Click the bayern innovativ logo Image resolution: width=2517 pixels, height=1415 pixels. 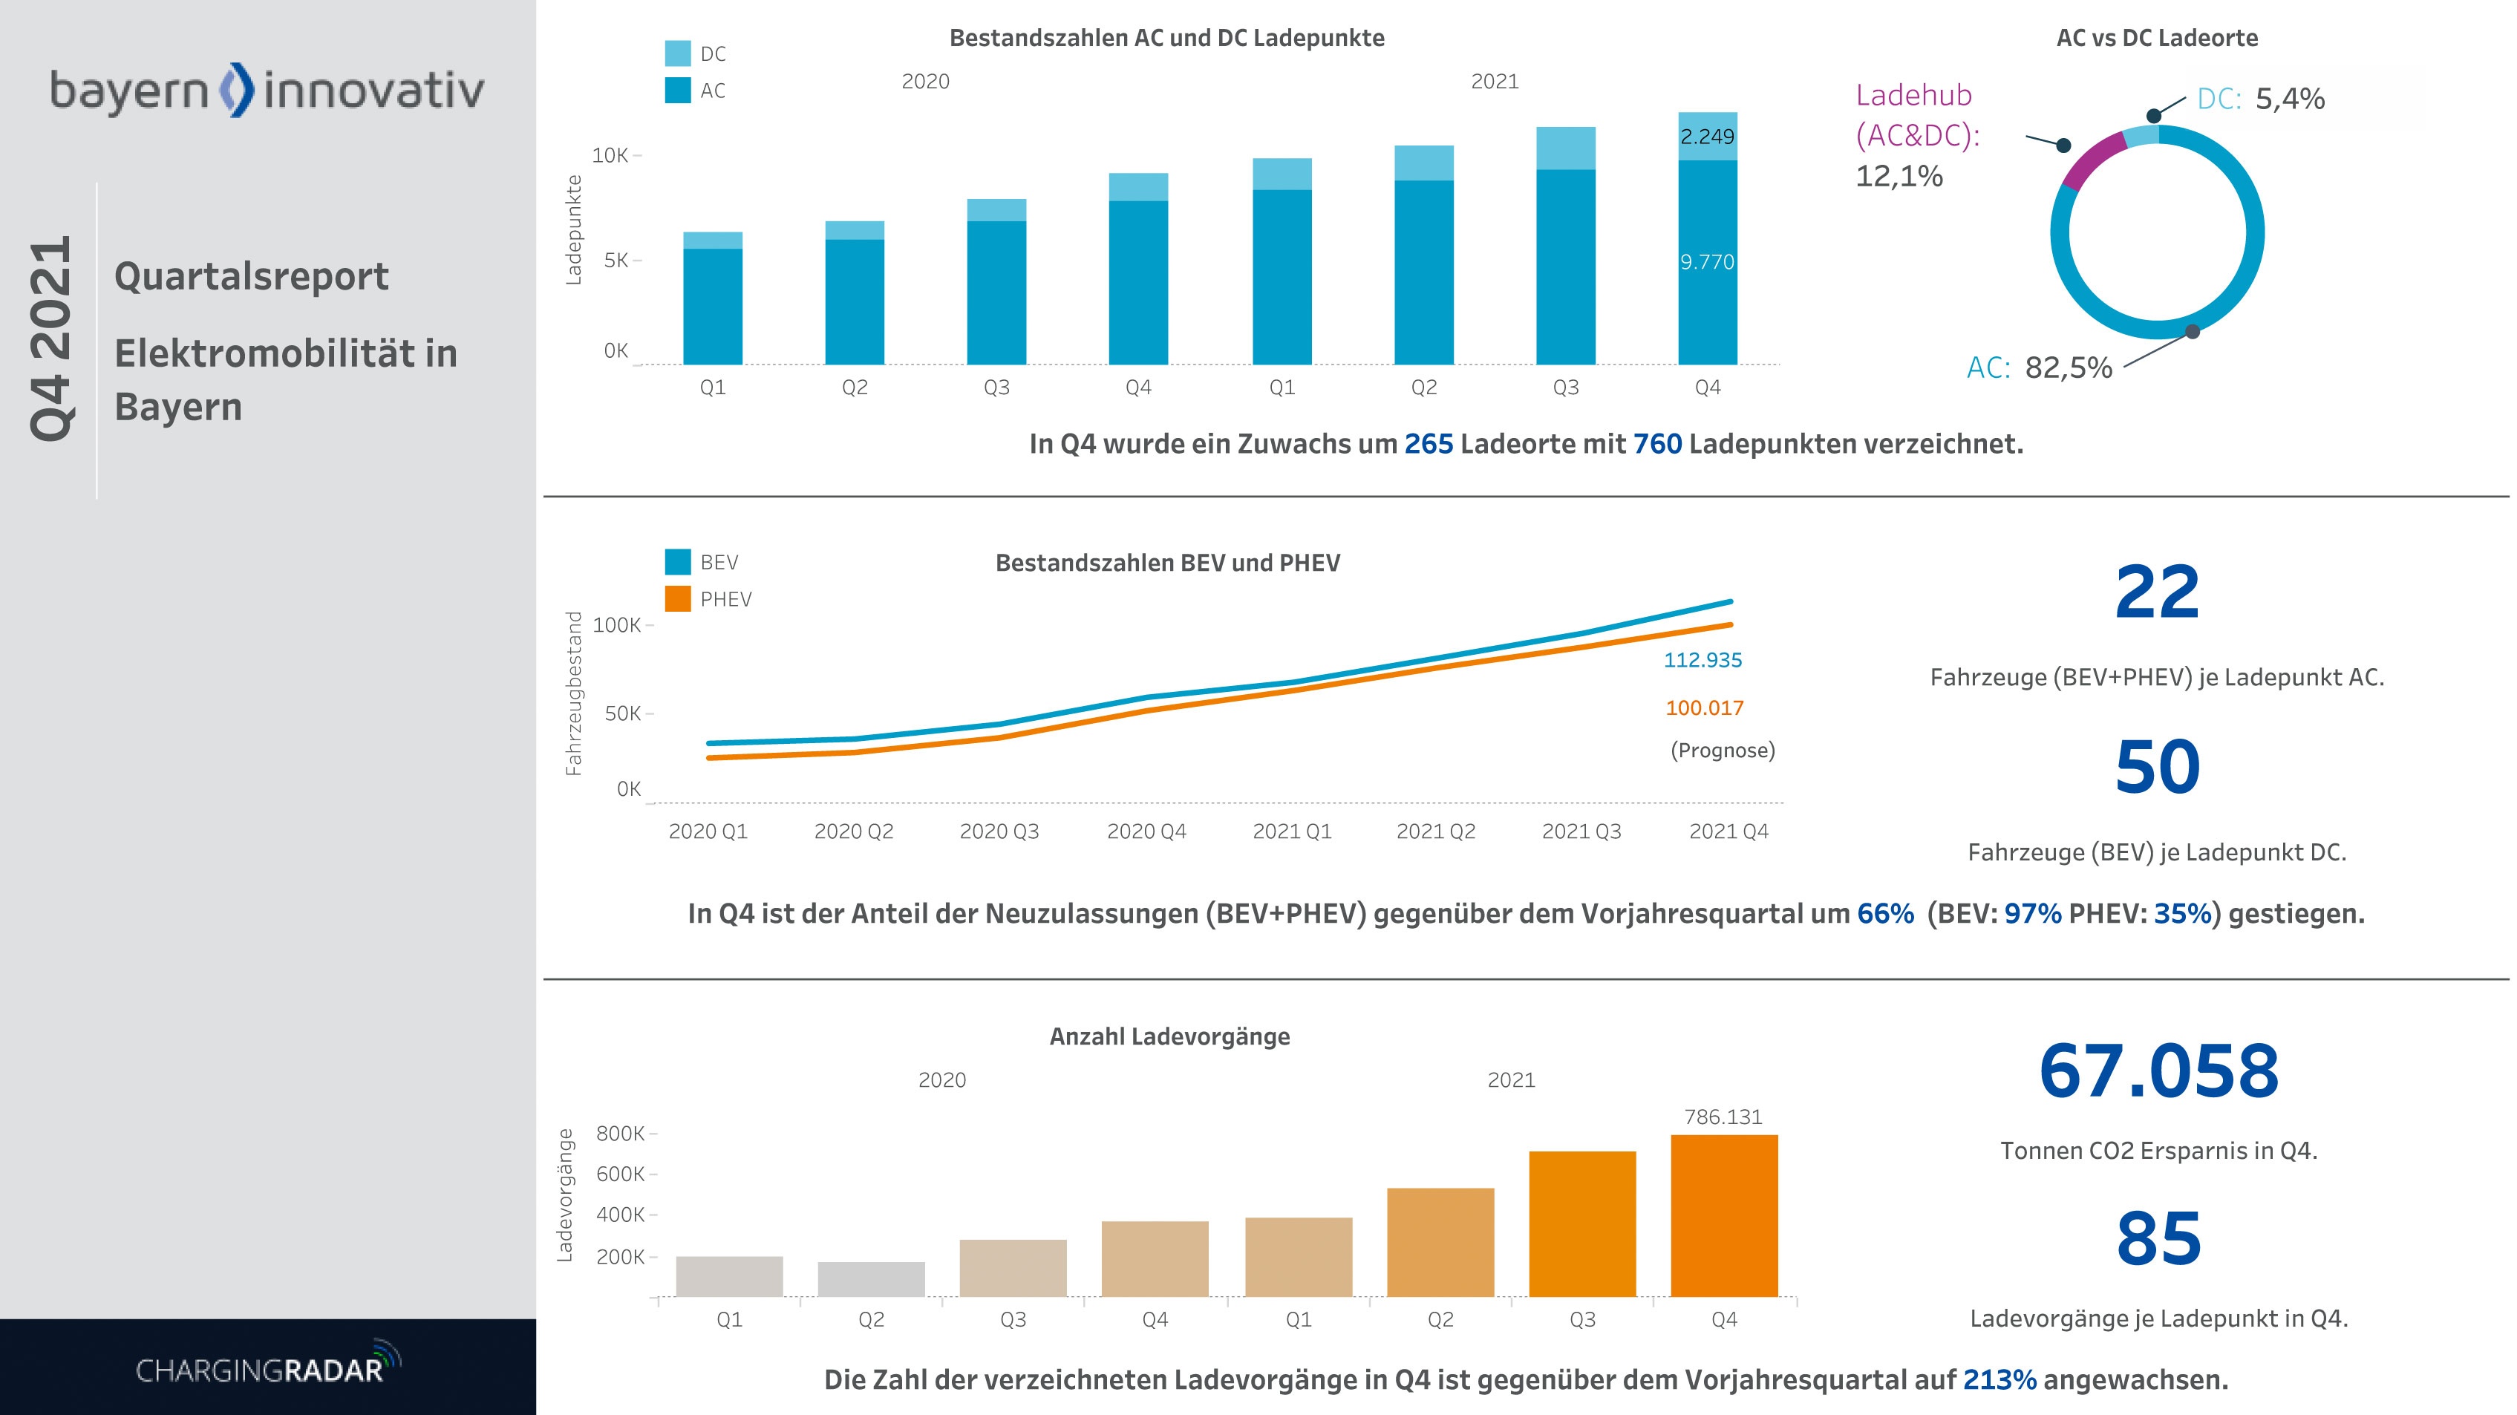click(267, 91)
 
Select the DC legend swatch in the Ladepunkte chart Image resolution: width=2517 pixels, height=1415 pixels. click(677, 53)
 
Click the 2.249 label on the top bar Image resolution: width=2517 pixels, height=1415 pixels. click(1706, 137)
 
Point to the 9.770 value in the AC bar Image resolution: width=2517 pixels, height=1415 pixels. click(1706, 262)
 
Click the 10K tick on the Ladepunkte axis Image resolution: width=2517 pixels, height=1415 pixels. click(610, 155)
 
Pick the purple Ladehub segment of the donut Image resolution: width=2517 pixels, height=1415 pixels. click(2093, 160)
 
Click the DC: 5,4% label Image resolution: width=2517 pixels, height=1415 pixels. click(2259, 99)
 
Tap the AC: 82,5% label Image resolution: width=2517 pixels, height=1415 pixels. click(2038, 367)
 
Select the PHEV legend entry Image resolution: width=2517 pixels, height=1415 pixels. click(725, 599)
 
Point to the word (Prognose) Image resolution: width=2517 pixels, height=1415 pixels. click(1722, 751)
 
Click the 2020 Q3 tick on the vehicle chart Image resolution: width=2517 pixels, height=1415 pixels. click(999, 831)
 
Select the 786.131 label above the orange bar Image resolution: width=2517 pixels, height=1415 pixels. click(1723, 1117)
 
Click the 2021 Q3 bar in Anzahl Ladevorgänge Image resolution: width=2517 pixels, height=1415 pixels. click(1582, 1223)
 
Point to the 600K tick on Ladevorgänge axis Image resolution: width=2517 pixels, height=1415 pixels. click(621, 1174)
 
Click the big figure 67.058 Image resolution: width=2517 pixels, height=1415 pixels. click(2158, 1071)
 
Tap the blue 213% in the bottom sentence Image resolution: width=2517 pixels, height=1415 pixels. click(1999, 1380)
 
